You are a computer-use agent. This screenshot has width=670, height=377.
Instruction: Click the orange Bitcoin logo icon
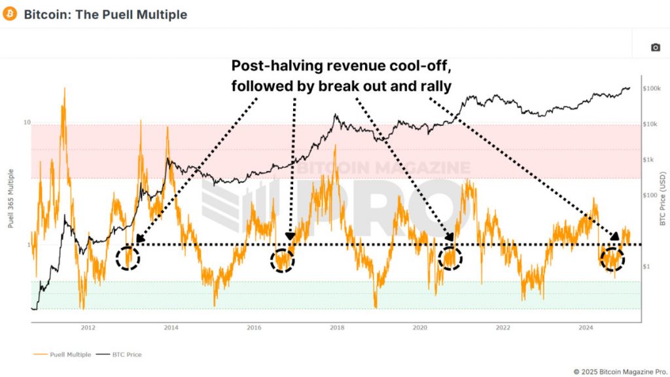click(10, 14)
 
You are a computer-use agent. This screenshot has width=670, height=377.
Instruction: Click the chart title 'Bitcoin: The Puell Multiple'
click(105, 14)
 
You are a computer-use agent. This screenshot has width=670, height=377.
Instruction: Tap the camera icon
click(655, 47)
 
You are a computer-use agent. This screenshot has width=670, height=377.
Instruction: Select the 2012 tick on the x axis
click(88, 328)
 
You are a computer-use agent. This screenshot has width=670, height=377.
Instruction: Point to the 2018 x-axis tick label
click(337, 328)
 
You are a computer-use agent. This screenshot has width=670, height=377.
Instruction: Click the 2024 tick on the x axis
click(586, 328)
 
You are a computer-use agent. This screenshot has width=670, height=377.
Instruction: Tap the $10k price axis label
click(651, 124)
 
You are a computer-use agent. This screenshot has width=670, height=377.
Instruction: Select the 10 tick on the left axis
click(27, 123)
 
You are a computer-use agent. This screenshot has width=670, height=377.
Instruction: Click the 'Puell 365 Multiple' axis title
click(11, 196)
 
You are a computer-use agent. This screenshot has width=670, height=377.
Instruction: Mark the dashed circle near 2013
click(128, 257)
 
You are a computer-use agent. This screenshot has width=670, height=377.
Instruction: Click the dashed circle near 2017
click(283, 260)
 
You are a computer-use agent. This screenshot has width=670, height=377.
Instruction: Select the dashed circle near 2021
click(450, 257)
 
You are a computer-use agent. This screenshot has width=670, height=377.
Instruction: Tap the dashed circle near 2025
click(612, 259)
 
